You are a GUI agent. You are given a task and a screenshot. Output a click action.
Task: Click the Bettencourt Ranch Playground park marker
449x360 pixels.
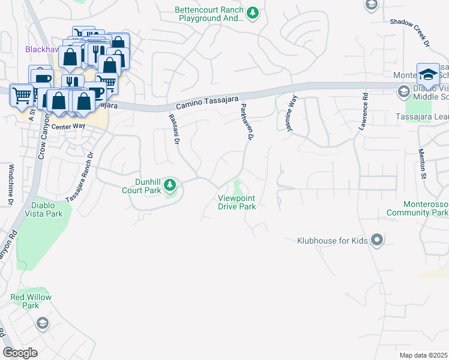253,12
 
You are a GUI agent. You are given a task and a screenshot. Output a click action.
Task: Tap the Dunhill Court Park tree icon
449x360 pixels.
170,184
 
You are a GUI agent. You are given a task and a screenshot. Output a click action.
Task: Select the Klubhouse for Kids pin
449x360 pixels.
377,241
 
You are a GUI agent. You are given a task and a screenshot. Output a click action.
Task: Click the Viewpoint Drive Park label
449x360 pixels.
238,202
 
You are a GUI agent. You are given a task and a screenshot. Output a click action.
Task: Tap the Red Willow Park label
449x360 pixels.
31,301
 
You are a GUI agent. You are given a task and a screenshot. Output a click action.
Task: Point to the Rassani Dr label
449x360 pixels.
173,130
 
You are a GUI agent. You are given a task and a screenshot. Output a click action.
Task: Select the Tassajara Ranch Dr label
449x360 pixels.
79,174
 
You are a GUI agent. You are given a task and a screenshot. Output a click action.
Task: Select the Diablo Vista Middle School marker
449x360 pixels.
403,91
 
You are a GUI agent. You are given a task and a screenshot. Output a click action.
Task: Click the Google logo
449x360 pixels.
20,353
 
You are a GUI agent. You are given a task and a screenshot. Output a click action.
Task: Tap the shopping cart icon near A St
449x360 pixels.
22,94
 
